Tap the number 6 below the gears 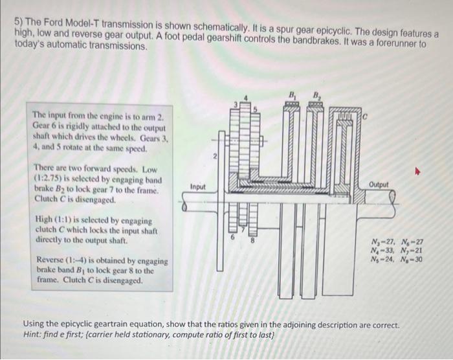[233, 238]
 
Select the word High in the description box [43, 221]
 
